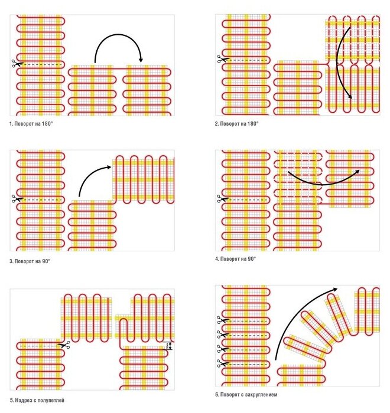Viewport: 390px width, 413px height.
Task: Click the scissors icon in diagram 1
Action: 15,64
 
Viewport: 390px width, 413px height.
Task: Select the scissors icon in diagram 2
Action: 220,59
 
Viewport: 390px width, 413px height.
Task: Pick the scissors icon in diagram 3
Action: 15,199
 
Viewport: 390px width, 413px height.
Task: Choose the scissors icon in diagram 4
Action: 220,198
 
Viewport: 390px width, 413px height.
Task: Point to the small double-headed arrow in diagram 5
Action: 170,346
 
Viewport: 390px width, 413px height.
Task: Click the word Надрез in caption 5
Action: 22,400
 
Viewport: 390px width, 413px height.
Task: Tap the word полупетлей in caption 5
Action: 52,400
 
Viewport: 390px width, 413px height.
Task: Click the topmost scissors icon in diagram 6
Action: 220,320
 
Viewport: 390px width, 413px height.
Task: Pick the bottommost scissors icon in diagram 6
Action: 220,362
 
